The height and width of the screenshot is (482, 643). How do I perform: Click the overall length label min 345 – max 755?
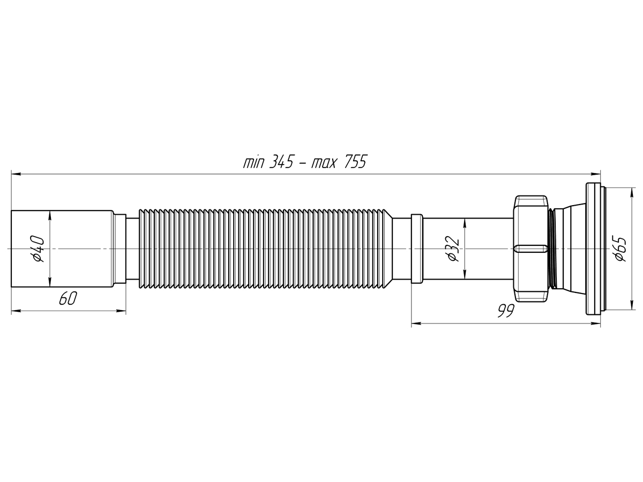coord(304,162)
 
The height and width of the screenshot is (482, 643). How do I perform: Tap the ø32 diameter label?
coord(453,248)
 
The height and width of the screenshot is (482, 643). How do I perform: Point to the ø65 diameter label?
coord(620,249)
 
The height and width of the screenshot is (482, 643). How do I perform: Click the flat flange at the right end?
coord(594,249)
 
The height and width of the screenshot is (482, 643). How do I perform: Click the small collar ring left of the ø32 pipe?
coord(416,249)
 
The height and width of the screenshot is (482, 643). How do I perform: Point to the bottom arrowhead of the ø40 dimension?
coord(49,283)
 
